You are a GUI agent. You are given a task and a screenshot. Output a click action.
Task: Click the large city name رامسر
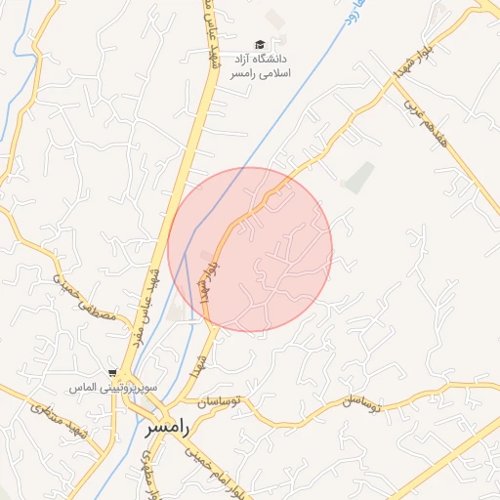(167, 427)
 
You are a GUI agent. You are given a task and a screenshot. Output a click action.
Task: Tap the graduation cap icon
(260, 44)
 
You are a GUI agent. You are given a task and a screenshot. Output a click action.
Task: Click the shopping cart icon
(114, 372)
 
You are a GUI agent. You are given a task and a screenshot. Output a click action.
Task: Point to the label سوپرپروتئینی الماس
(96, 388)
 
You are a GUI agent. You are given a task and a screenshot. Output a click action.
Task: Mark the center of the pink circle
(250, 250)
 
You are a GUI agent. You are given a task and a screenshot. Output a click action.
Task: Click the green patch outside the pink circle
(359, 177)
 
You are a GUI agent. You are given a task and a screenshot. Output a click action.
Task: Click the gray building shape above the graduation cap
(277, 19)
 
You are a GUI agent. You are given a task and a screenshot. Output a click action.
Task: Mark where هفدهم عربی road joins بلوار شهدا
(396, 80)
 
